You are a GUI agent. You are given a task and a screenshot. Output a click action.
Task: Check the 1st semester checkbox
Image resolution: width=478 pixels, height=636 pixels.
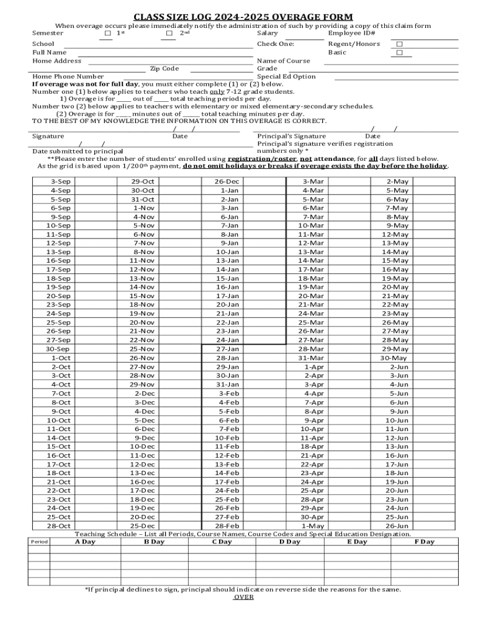(x=108, y=34)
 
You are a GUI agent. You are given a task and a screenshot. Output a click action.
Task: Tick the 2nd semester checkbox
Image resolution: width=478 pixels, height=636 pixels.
(x=169, y=34)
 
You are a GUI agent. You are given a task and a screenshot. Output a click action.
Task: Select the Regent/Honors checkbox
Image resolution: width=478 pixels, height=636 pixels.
(x=399, y=44)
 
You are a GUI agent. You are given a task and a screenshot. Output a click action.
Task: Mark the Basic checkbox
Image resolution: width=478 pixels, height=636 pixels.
(x=399, y=53)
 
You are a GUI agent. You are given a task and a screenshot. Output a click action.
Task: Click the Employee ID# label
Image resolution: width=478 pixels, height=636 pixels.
(x=351, y=33)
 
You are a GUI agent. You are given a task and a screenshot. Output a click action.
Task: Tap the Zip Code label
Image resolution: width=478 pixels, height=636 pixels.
(x=164, y=68)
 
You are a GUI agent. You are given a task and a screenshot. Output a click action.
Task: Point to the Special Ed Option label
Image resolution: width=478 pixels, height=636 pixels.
(x=286, y=76)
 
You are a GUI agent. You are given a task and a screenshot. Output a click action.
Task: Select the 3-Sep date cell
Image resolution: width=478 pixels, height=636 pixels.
(x=61, y=181)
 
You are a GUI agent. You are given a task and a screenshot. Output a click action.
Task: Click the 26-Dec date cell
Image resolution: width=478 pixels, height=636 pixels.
(x=227, y=181)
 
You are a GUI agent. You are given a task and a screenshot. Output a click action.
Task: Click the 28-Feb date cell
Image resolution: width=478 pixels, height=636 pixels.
(x=227, y=525)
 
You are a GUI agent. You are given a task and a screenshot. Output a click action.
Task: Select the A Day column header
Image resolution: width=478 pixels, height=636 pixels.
(x=85, y=542)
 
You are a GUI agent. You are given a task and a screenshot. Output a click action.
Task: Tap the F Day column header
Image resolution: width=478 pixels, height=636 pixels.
(x=424, y=542)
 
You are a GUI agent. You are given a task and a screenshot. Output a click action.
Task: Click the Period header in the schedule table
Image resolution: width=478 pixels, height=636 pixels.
(x=39, y=542)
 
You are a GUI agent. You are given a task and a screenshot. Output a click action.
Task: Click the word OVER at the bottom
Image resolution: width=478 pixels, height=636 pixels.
(x=243, y=597)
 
